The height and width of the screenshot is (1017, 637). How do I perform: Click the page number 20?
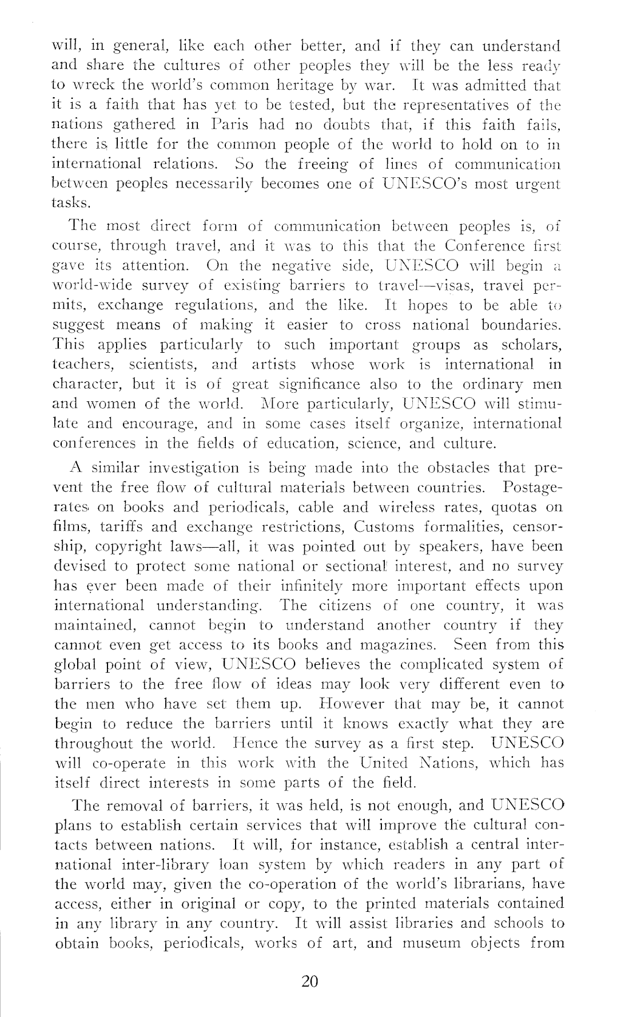pos(309,982)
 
